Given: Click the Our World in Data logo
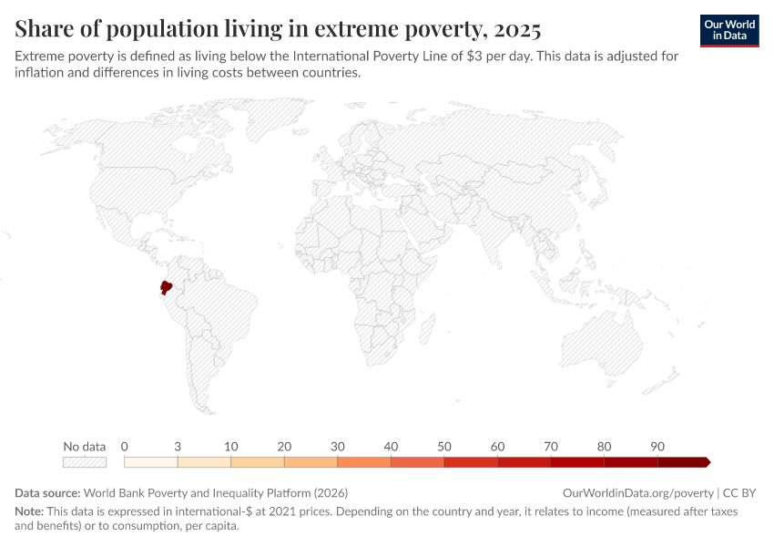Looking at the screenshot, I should (x=729, y=29).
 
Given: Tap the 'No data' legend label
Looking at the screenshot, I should (x=84, y=447).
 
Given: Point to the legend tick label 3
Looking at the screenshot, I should (x=178, y=447).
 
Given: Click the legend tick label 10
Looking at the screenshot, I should (x=231, y=447).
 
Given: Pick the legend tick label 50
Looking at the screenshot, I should (x=444, y=447).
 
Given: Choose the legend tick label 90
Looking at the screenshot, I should (x=657, y=447).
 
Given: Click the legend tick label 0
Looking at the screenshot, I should (x=124, y=447).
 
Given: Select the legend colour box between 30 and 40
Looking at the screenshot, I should (x=364, y=462).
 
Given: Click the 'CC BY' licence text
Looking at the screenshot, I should (x=739, y=493).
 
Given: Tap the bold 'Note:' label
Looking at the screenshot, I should (x=30, y=511).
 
